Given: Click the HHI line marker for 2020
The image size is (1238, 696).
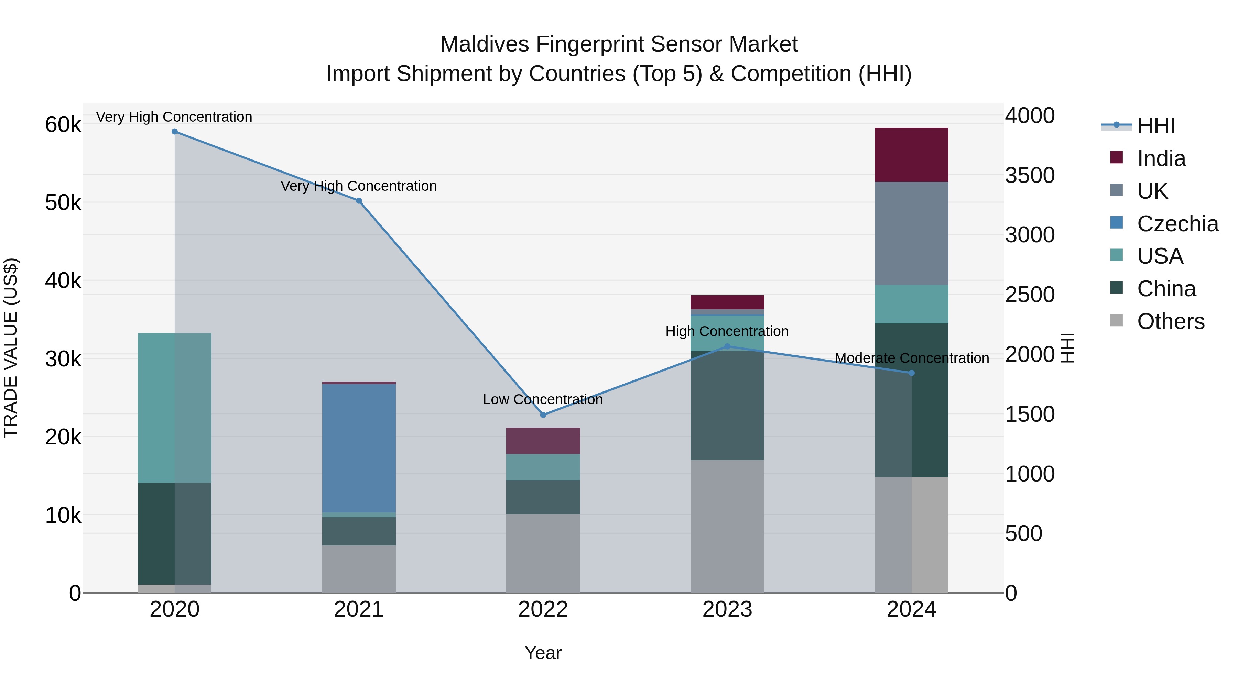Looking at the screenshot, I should [174, 132].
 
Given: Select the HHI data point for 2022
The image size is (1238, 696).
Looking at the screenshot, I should [543, 415].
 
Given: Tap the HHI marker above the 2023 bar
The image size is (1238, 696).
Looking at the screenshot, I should [727, 346].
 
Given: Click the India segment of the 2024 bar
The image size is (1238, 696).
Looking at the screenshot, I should [911, 155].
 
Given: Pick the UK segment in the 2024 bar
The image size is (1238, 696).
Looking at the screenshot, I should [911, 233].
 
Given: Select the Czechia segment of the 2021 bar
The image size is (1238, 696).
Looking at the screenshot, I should [359, 448].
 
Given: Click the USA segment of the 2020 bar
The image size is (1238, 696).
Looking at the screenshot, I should [174, 408].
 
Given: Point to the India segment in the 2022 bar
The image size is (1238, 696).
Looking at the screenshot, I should [543, 441].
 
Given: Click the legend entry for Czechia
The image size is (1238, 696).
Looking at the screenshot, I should [1177, 224].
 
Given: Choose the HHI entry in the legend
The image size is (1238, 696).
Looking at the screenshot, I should [1156, 126].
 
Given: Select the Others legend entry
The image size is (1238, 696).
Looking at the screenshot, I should [1170, 321].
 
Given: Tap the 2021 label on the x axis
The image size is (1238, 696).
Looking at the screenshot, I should [359, 609].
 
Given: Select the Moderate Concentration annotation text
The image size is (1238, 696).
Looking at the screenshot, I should [911, 358].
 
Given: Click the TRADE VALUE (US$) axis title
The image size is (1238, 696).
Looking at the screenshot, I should [11, 348].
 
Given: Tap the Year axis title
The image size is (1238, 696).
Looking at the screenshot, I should [543, 653].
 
